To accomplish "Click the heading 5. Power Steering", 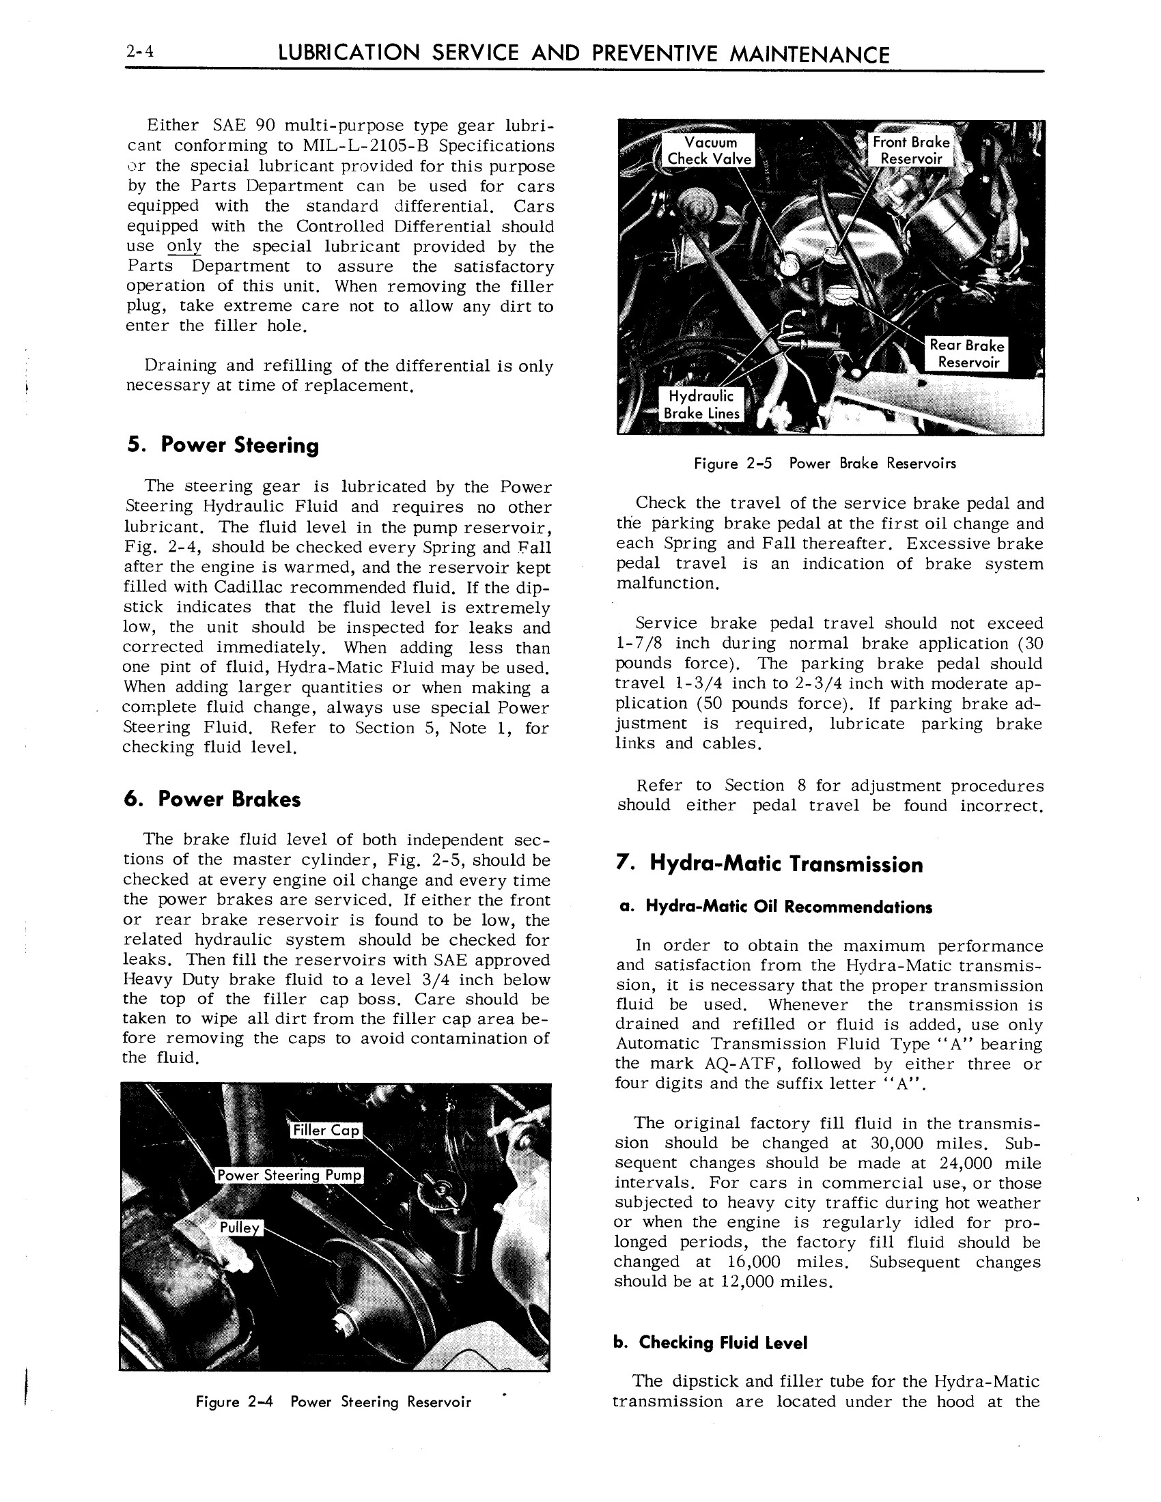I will [223, 445].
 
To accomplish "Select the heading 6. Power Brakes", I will [212, 799].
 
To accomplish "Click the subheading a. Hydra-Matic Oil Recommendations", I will [776, 907].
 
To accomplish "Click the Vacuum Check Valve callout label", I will [710, 151].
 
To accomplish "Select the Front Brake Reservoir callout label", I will [910, 150].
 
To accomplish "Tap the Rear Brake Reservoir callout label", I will [966, 354].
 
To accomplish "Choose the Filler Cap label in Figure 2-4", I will [326, 1130].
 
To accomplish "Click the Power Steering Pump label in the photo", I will [289, 1175].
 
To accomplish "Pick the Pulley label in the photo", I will [239, 1228].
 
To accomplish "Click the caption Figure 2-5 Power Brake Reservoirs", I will [825, 464].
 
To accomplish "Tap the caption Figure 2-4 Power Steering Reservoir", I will [333, 1402].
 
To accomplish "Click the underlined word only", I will [184, 247].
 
